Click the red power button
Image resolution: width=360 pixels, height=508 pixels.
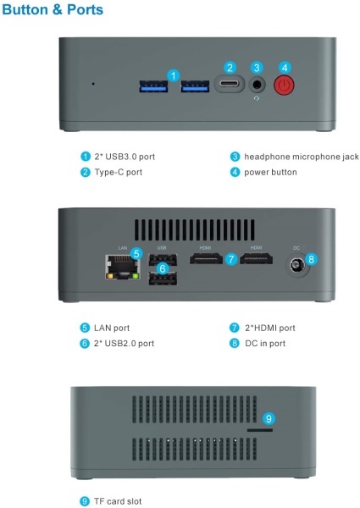coord(284,86)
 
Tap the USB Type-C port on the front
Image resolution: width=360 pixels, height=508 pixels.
coord(229,84)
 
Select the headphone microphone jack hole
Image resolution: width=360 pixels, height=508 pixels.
coord(257,85)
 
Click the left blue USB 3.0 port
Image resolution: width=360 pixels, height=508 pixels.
coord(153,86)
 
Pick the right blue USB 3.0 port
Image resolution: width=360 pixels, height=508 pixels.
coord(195,86)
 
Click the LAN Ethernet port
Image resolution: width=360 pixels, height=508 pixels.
coord(123,267)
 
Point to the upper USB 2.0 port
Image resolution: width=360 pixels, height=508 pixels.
coord(163,260)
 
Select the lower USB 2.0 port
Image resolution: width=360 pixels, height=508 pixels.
coord(163,279)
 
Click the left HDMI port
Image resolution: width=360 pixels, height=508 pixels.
coord(206,259)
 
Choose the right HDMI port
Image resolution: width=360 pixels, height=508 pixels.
coord(256,259)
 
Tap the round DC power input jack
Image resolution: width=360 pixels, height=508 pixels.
coord(296,265)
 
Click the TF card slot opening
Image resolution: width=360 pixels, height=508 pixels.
coord(260,430)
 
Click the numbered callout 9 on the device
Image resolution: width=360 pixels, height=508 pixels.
coord(269,418)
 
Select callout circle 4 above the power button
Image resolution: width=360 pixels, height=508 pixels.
coord(285,68)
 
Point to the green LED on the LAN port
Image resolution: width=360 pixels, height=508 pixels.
coord(136,276)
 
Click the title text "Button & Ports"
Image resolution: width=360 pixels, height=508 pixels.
coord(53,9)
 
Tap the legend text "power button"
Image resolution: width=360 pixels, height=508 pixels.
coord(270,172)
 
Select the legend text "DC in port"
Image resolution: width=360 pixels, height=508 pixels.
coord(265,343)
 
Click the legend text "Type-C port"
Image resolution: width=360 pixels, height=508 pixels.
coord(119,172)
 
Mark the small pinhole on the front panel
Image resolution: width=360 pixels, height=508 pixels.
coord(93,84)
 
